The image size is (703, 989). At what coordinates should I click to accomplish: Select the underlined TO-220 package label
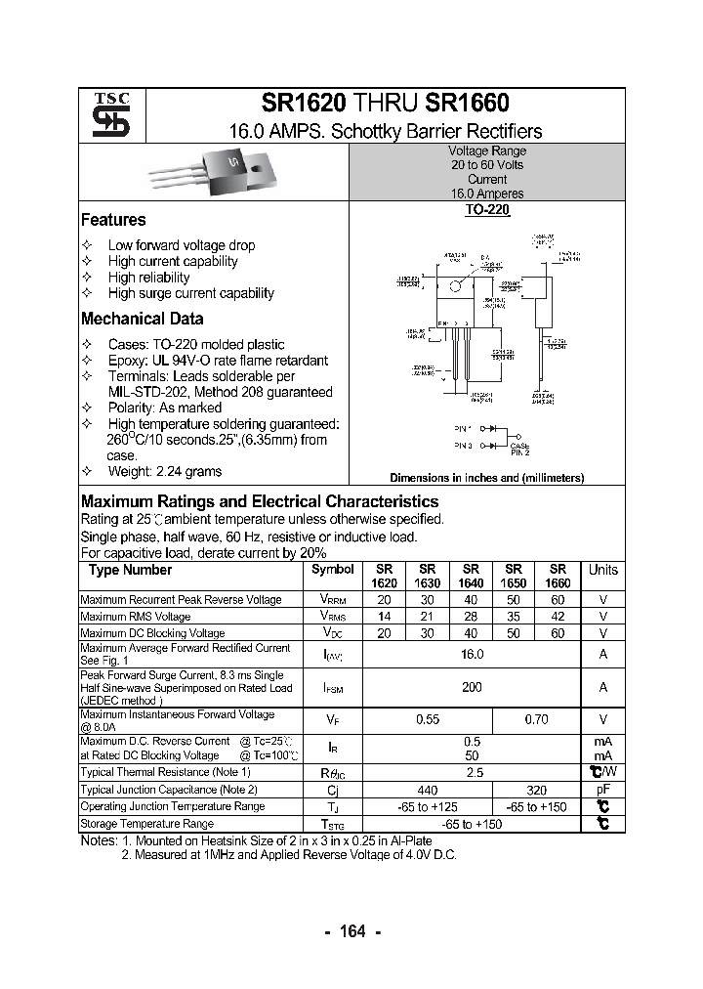[x=486, y=209]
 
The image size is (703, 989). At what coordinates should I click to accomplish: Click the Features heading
[x=113, y=220]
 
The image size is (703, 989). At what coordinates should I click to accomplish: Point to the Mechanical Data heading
[x=143, y=319]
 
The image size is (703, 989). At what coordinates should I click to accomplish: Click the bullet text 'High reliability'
[x=148, y=278]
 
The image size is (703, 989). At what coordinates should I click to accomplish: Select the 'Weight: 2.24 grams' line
[x=164, y=471]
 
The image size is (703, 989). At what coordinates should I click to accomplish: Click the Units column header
[x=603, y=570]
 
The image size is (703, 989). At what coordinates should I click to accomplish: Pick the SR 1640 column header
[x=471, y=576]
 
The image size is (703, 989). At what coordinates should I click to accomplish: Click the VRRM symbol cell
[x=332, y=600]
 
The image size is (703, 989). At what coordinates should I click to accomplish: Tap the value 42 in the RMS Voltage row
[x=558, y=617]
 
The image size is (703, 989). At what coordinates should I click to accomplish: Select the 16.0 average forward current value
[x=472, y=655]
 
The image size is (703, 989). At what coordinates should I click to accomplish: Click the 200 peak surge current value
[x=472, y=688]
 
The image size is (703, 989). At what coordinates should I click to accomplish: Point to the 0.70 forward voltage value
[x=536, y=720]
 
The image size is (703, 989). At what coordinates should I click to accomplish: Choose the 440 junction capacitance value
[x=428, y=790]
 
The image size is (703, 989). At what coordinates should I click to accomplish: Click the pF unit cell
[x=603, y=790]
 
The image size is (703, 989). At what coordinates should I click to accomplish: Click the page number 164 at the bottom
[x=351, y=931]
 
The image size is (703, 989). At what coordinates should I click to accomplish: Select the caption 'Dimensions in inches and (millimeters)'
[x=486, y=478]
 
